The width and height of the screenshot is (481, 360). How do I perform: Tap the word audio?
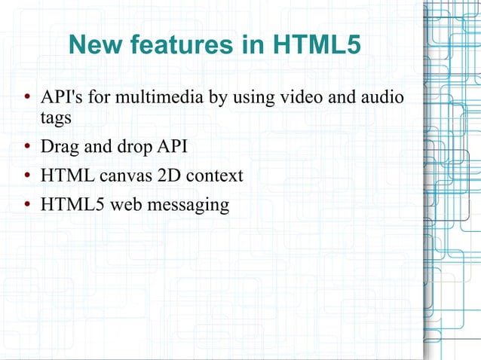point(381,98)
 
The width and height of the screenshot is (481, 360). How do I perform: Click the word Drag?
point(58,146)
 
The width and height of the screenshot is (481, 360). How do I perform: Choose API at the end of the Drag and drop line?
point(170,146)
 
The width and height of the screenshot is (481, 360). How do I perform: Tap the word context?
point(216,175)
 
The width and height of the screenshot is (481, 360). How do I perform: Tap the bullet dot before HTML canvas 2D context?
point(26,176)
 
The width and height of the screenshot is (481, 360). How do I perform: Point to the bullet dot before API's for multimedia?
point(26,99)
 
